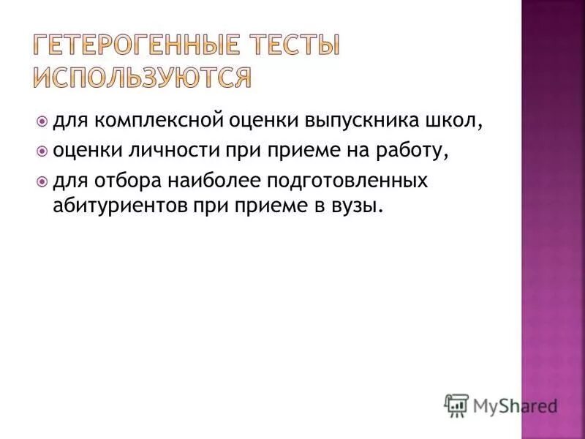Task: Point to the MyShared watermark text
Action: (x=515, y=404)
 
